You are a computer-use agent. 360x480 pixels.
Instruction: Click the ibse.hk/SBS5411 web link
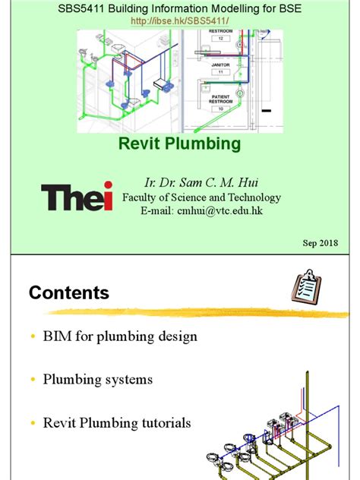click(179, 21)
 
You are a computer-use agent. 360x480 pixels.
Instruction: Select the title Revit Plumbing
click(179, 144)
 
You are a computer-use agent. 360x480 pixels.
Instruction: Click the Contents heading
click(69, 293)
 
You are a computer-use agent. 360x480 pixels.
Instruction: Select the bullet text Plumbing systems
click(98, 379)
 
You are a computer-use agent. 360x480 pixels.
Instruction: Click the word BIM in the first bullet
click(58, 336)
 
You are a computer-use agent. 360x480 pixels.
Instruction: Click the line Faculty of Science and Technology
click(201, 197)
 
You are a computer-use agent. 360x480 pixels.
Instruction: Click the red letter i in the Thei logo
click(108, 196)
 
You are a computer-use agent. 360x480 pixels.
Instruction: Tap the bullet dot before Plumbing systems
click(32, 380)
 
